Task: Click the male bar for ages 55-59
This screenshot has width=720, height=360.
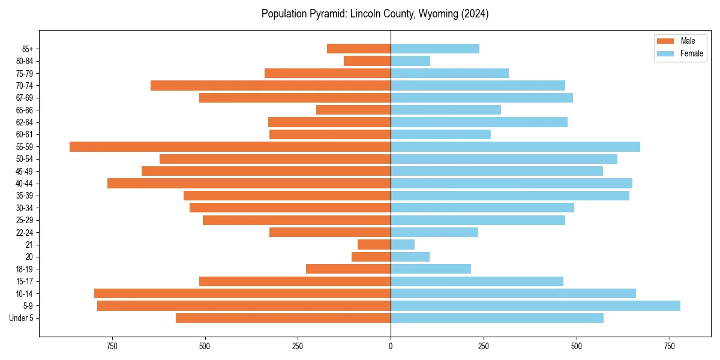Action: pos(230,146)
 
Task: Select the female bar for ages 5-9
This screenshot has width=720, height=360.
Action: pos(535,305)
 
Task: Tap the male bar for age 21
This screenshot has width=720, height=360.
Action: pos(374,244)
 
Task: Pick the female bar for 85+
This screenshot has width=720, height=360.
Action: pos(434,49)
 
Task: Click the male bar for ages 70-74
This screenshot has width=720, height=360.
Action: pos(270,85)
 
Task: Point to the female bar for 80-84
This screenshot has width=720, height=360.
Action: pos(410,61)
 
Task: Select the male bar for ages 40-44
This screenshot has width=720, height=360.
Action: pos(249,183)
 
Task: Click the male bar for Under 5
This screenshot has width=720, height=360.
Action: pos(283,318)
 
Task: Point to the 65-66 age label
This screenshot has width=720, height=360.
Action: pos(25,110)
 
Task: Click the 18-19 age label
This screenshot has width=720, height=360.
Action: pos(25,269)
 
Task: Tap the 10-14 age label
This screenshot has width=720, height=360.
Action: pos(25,293)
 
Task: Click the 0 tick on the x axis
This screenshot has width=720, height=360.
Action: pos(391,346)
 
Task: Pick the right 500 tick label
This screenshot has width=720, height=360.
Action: pos(576,346)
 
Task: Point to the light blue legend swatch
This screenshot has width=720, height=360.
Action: pos(666,53)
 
